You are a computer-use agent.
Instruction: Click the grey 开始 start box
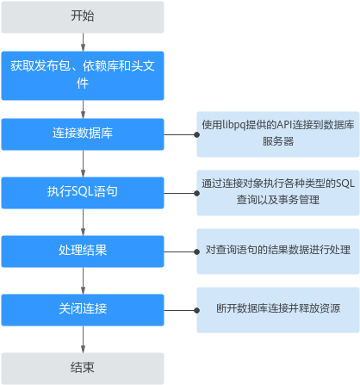tap(83, 17)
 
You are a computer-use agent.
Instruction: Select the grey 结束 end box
tap(83, 369)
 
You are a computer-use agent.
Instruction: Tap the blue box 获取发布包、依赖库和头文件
tap(83, 76)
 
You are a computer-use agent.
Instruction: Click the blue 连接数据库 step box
tap(83, 134)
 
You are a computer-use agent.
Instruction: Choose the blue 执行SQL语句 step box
tap(83, 193)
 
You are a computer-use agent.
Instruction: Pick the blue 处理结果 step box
tap(83, 251)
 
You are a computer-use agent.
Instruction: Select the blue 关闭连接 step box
tap(83, 310)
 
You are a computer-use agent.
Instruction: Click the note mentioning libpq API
tap(278, 134)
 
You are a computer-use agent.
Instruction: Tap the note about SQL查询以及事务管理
tap(278, 193)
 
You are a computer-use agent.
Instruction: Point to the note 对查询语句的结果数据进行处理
tap(278, 251)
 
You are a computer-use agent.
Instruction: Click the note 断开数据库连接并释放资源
tap(278, 310)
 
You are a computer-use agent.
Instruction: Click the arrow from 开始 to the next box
tap(83, 42)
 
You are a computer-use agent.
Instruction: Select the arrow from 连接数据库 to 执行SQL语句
tap(83, 164)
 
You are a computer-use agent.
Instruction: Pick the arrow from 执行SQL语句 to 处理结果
tap(83, 222)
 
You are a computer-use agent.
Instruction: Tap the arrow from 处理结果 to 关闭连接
tap(83, 281)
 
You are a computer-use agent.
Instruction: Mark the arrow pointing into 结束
tap(83, 339)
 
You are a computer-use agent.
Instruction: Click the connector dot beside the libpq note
tap(196, 134)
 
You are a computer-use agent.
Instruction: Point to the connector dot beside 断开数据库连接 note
tap(196, 310)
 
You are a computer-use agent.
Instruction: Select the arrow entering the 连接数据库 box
tap(83, 109)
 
